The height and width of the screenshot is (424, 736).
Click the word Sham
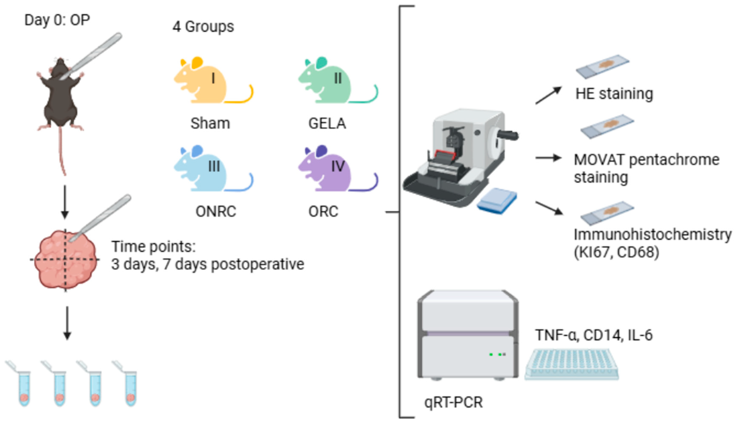tap(210, 124)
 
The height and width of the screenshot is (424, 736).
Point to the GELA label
tap(327, 124)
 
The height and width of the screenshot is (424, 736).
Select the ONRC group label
tap(215, 212)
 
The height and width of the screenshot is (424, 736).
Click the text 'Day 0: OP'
tap(57, 20)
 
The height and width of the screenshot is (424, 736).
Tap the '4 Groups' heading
tap(203, 26)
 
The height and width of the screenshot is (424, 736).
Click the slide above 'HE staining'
tap(602, 66)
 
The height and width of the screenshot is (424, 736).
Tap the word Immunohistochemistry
tap(652, 235)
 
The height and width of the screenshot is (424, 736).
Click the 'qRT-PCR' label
tap(453, 402)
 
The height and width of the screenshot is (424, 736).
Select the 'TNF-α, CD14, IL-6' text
tap(594, 335)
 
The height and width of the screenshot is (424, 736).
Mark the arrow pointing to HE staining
tap(548, 96)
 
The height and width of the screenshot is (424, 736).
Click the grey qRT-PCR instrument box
tap(468, 334)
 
